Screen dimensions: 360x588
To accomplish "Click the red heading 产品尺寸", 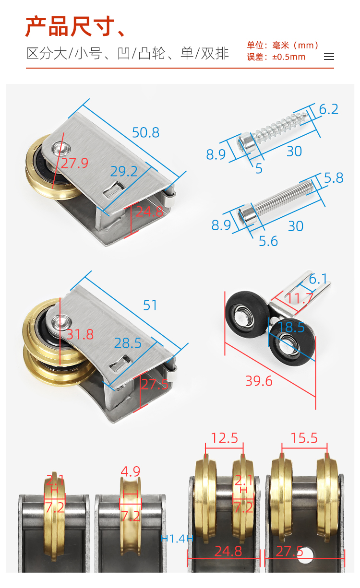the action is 70,26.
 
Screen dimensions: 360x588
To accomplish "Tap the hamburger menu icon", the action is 329,57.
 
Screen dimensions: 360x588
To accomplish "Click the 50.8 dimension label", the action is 145,132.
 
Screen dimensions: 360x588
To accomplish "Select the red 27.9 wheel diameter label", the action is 74,163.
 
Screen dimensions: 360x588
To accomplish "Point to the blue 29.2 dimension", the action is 124,172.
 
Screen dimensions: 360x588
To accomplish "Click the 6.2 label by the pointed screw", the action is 328,109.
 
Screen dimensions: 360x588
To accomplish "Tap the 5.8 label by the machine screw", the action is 334,178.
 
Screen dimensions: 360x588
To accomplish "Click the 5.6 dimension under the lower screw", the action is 268,241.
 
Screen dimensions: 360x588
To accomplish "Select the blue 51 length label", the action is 150,306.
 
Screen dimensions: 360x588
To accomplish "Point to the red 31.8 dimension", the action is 80,335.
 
